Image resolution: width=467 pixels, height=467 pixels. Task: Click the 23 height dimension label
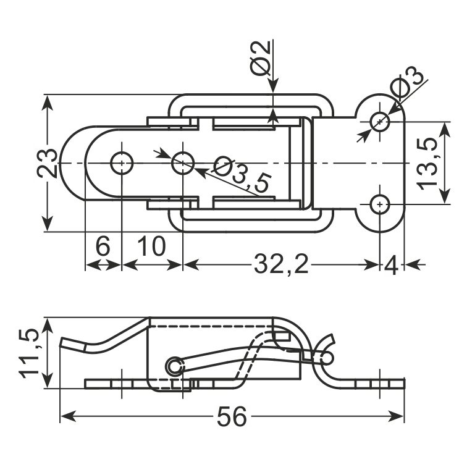pos(47,163)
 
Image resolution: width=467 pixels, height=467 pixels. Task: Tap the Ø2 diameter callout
pos(260,58)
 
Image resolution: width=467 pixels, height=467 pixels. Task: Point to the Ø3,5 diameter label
pos(243,174)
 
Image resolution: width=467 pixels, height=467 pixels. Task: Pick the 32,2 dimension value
pos(281,264)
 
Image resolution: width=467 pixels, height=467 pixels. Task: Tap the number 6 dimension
pos(103,246)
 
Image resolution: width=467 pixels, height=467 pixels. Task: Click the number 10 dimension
pos(151,246)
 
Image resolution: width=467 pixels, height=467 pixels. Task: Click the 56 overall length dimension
pos(232,416)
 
